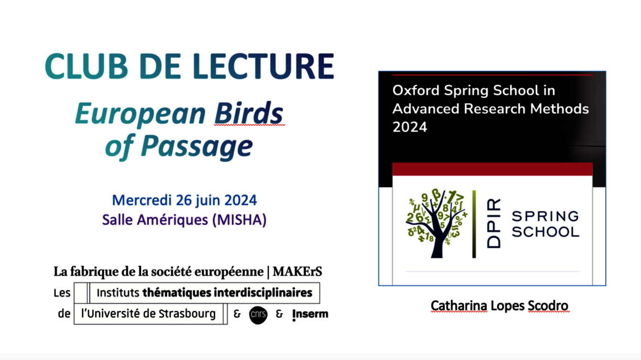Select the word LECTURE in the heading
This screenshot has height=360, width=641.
coord(263,66)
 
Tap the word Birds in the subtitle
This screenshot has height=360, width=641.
coord(249,113)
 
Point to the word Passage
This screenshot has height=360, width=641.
coord(197,146)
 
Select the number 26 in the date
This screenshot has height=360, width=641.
coord(184,200)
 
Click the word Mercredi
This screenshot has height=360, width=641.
coord(142,200)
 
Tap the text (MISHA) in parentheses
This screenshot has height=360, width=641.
coord(239,220)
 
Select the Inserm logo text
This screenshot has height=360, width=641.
coord(310,314)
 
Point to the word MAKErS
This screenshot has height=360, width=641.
coord(298,272)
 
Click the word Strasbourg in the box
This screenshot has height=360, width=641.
coord(187,314)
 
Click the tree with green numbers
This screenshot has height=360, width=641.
coord(436,223)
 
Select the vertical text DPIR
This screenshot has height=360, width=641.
coord(494,223)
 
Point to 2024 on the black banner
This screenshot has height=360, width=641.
coord(410,127)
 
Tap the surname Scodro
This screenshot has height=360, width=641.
coord(548,305)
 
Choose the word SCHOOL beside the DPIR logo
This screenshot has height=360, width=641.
coord(545,232)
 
